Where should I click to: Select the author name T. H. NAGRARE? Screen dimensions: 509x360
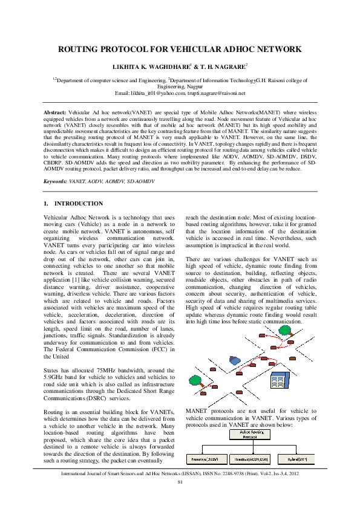click(x=220, y=65)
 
